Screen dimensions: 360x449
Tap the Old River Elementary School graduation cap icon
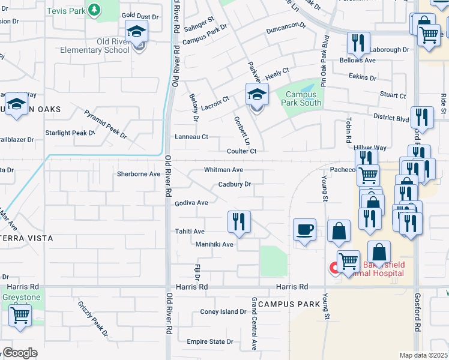click(x=137, y=31)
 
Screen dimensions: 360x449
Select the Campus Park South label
click(x=303, y=98)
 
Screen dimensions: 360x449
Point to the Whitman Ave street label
click(x=223, y=170)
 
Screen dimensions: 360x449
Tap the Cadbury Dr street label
click(x=234, y=185)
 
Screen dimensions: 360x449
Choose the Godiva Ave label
click(x=191, y=203)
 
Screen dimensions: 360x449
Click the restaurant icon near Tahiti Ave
click(x=239, y=221)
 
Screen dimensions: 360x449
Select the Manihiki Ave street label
click(x=214, y=245)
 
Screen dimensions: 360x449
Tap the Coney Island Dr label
click(x=223, y=312)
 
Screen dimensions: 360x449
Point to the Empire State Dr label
click(x=209, y=341)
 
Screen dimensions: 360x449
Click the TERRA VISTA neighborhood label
click(x=28, y=238)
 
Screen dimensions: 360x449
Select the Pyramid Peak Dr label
click(x=106, y=124)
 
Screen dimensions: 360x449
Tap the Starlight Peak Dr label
click(x=70, y=133)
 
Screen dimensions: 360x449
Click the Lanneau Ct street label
click(x=191, y=137)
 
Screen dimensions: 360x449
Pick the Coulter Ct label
click(x=242, y=151)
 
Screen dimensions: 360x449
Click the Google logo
click(x=19, y=353)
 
